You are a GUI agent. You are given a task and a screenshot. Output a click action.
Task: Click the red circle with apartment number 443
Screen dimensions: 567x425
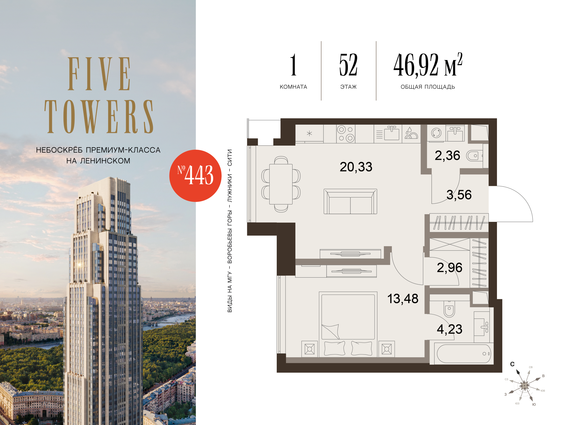pyautogui.click(x=195, y=176)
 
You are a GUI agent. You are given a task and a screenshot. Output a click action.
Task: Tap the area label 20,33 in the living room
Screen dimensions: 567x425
pyautogui.click(x=356, y=167)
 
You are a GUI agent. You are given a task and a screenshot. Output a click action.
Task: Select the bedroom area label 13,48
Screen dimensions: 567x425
pyautogui.click(x=403, y=299)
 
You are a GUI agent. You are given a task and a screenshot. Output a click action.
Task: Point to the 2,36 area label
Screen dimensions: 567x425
pyautogui.click(x=447, y=156)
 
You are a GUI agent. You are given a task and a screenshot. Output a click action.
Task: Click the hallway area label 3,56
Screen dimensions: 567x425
pyautogui.click(x=459, y=195)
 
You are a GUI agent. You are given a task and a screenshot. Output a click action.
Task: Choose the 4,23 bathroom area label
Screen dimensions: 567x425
pyautogui.click(x=450, y=329)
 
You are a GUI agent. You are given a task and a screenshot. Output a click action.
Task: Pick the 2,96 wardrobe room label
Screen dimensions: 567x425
pyautogui.click(x=450, y=268)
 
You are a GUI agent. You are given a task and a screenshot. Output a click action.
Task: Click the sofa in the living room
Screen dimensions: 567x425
pyautogui.click(x=350, y=201)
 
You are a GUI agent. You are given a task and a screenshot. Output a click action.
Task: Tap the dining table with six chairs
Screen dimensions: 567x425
pyautogui.click(x=281, y=184)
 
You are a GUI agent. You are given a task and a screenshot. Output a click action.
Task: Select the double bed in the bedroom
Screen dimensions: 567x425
pyautogui.click(x=348, y=324)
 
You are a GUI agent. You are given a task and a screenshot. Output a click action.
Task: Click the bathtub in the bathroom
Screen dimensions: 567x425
pyautogui.click(x=464, y=354)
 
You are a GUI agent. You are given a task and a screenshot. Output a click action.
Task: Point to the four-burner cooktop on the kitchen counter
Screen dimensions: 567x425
pyautogui.click(x=346, y=134)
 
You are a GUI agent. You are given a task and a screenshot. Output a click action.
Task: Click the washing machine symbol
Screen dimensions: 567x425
pyautogui.click(x=436, y=133)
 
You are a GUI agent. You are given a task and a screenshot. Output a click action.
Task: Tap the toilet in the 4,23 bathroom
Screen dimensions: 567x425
pyautogui.click(x=449, y=309)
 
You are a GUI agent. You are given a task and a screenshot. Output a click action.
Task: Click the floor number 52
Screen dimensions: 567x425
pyautogui.click(x=348, y=65)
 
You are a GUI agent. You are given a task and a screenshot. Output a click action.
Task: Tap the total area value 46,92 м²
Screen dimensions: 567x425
pyautogui.click(x=428, y=65)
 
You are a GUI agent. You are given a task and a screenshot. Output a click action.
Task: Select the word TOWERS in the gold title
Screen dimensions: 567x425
pyautogui.click(x=99, y=116)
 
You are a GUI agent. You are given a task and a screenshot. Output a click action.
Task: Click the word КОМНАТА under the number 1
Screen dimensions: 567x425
pyautogui.click(x=293, y=87)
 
